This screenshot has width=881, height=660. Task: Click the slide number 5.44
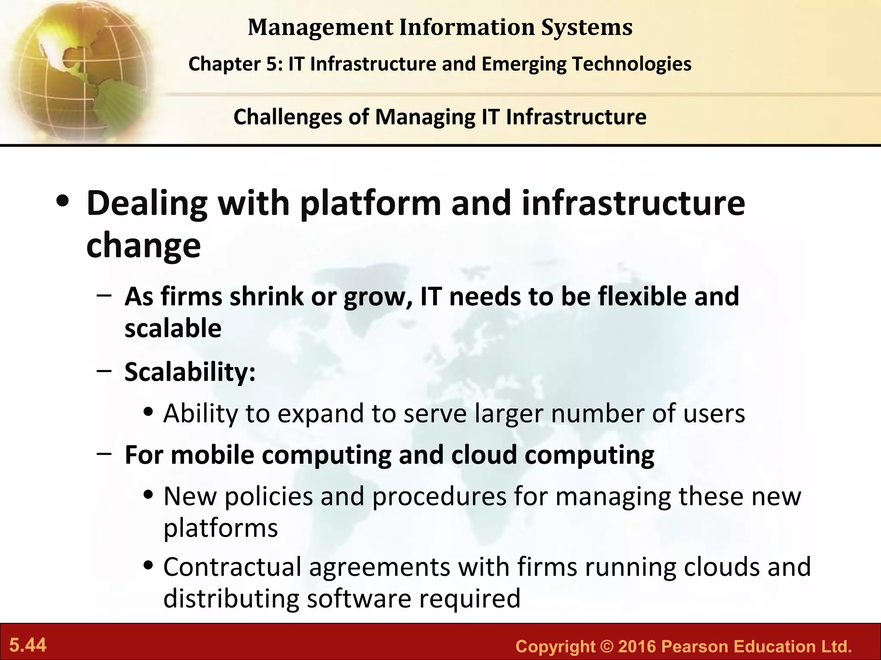click(x=28, y=645)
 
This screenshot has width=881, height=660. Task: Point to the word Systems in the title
click(x=587, y=27)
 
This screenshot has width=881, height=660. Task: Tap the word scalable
click(x=173, y=328)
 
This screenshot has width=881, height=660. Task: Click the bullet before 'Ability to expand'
click(x=149, y=412)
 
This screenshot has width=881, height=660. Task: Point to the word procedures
click(x=439, y=497)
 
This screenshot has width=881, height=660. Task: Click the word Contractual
click(x=232, y=567)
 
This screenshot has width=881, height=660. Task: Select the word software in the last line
click(x=359, y=599)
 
